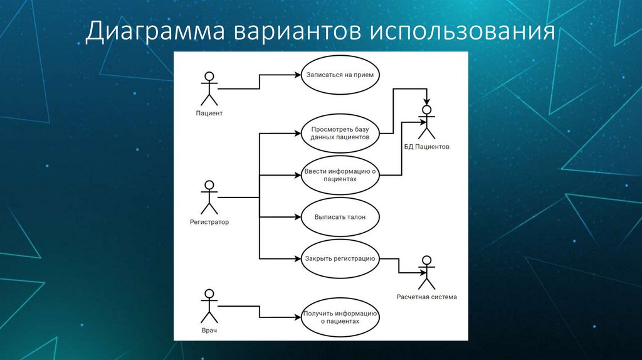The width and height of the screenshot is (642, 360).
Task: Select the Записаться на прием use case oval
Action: [x=339, y=75]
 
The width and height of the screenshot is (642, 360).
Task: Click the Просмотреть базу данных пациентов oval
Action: [x=339, y=132]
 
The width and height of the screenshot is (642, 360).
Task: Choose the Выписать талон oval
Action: [x=339, y=217]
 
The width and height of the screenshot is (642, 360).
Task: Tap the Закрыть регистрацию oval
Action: [x=339, y=258]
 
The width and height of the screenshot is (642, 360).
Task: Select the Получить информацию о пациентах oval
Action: [x=339, y=317]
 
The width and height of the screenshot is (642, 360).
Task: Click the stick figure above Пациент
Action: [x=209, y=88]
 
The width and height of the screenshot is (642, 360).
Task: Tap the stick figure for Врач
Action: [x=209, y=305]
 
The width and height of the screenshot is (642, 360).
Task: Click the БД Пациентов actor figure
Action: [x=426, y=122]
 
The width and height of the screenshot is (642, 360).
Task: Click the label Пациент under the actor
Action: [x=209, y=114]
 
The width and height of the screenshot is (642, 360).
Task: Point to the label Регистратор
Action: [x=209, y=222]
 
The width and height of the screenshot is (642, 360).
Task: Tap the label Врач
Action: [x=209, y=330]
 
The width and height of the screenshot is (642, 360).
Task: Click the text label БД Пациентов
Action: [x=426, y=147]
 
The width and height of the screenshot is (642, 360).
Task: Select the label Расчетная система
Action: [x=426, y=297]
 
